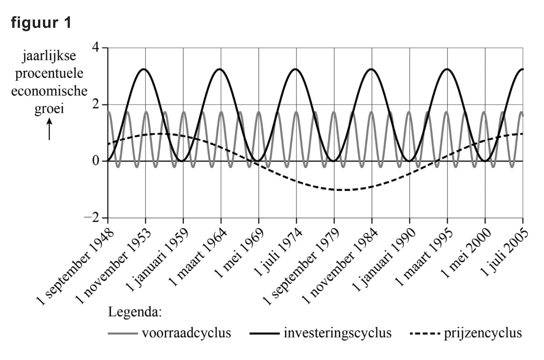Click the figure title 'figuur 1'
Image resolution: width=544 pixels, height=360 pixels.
coord(41,23)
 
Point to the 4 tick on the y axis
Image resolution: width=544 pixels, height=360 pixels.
coord(96,48)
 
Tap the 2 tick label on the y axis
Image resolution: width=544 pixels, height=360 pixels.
coord(96,105)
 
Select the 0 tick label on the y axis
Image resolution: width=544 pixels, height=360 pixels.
coord(96,161)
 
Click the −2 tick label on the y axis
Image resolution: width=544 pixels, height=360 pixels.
coord(92,218)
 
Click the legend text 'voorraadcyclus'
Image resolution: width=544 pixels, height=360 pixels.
coord(186,333)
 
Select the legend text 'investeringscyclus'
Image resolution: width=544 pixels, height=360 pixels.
coord(337,333)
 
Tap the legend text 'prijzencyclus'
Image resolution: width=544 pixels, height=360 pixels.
coord(483,333)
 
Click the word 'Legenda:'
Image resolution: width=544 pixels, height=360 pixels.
coord(135,312)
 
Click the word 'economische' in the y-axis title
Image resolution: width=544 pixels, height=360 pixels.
coord(49,91)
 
